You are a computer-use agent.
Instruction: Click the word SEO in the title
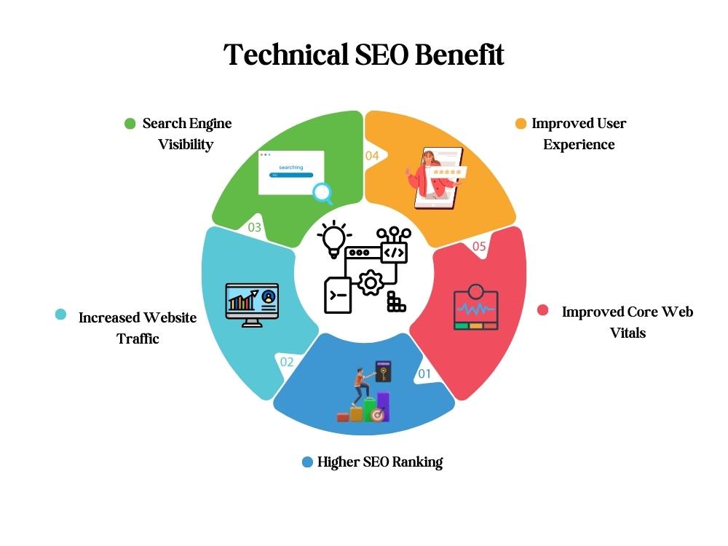click(x=382, y=55)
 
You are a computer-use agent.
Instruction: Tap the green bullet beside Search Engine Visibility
click(x=130, y=124)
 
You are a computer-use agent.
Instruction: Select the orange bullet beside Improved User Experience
click(x=521, y=124)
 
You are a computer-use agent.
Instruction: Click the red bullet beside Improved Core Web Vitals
click(x=543, y=310)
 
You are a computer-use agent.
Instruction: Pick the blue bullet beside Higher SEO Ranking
click(x=307, y=462)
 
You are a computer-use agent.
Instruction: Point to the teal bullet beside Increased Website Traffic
click(x=61, y=314)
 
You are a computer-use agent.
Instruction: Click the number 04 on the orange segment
click(x=372, y=156)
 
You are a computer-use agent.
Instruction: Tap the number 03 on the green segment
click(x=254, y=227)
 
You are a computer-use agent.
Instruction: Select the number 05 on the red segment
click(x=479, y=246)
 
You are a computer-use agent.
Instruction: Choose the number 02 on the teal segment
click(x=286, y=362)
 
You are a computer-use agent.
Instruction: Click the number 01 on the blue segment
click(x=424, y=373)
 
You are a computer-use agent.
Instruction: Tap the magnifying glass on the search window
click(x=323, y=193)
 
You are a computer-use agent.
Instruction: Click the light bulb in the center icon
click(x=334, y=239)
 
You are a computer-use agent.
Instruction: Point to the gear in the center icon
click(x=371, y=282)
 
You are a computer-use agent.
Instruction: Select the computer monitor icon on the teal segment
click(x=252, y=305)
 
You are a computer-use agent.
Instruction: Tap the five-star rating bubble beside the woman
click(x=448, y=172)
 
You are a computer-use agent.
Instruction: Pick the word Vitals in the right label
click(x=628, y=333)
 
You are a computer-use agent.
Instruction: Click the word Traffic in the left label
click(x=138, y=339)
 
